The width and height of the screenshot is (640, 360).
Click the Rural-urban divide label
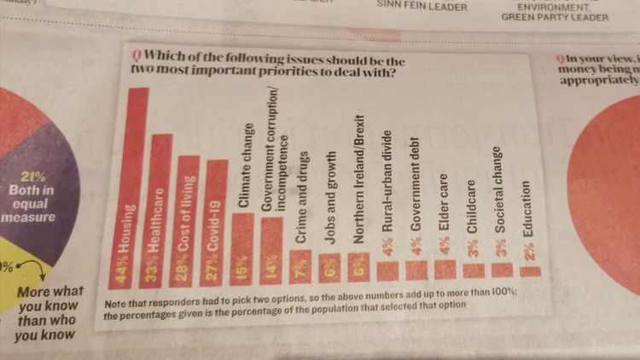(x=388, y=201)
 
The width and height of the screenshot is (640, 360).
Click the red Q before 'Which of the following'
(x=125, y=59)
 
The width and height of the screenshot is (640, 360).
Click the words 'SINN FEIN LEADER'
(x=410, y=7)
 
